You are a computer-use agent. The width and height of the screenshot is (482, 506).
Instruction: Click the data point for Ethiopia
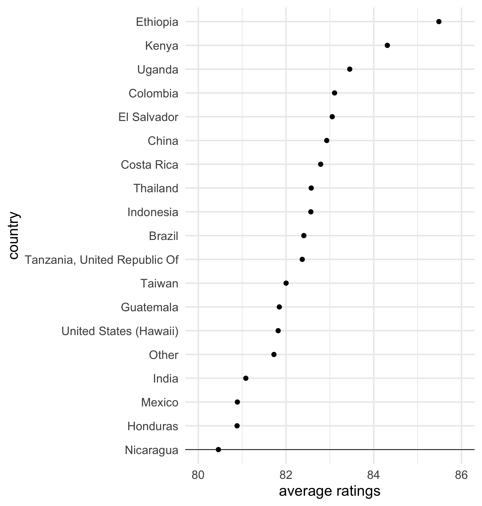(x=439, y=22)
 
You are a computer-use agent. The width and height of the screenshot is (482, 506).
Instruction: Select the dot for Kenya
(x=387, y=45)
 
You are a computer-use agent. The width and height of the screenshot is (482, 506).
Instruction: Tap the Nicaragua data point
(x=218, y=450)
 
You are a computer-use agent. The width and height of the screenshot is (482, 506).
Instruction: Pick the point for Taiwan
(x=286, y=283)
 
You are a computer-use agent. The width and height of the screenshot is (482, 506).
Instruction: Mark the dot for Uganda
(x=349, y=69)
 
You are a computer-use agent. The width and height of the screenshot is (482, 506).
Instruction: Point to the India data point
(x=246, y=378)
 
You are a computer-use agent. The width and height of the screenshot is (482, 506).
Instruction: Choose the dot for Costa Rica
(x=320, y=164)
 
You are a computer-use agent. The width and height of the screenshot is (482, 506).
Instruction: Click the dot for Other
(x=274, y=354)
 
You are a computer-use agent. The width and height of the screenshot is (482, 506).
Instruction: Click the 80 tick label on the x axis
(x=198, y=475)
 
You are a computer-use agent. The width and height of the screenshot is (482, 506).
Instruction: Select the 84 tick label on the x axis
(x=374, y=475)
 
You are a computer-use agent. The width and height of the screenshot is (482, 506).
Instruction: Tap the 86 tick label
(x=461, y=475)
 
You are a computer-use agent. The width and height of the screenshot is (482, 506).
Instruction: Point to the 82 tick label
(x=286, y=475)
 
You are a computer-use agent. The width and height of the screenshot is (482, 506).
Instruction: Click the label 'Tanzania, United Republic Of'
(x=101, y=260)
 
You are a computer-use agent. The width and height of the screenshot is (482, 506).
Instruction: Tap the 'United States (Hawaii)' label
(x=120, y=331)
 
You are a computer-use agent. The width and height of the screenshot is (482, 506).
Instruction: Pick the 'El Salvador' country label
(x=148, y=117)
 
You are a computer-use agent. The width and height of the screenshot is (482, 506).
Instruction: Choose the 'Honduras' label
(x=153, y=426)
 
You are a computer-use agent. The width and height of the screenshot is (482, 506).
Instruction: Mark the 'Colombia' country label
(x=153, y=93)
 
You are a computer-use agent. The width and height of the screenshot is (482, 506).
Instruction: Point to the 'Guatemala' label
(x=150, y=307)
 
